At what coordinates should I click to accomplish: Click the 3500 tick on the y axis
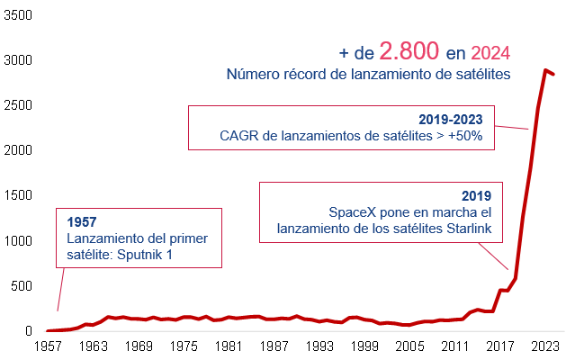[17, 15]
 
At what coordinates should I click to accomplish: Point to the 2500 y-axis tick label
[17, 105]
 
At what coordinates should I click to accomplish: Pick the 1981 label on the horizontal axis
[229, 346]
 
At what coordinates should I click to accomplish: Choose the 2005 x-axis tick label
[411, 346]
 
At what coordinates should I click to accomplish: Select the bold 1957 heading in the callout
[82, 221]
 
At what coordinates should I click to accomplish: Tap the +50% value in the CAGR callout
[464, 136]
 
